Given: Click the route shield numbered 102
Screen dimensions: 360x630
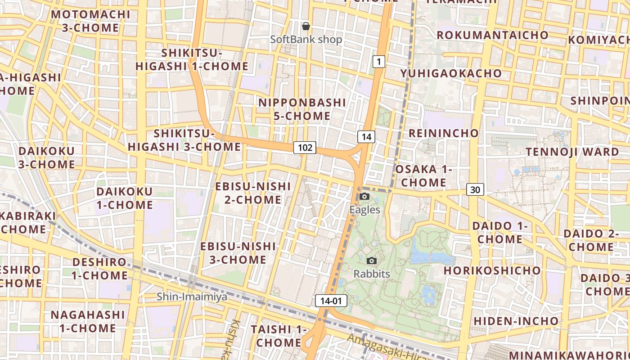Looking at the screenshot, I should tap(305, 147).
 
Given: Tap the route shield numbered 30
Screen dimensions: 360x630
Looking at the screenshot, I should tap(475, 189).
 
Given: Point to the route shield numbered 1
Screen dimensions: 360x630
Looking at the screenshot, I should tap(379, 61).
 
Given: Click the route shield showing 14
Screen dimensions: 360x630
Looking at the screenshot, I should tap(366, 137).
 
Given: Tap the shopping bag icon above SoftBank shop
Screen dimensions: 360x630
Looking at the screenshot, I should tap(306, 26).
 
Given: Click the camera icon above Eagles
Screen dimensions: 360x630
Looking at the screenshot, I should tap(365, 197).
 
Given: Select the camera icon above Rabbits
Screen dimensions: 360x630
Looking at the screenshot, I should tap(372, 261).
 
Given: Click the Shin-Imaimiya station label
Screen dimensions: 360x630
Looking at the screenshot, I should tap(192, 297).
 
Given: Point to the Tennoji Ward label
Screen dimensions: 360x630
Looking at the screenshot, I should tap(572, 152).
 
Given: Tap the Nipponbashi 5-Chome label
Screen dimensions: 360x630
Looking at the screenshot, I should tap(302, 109).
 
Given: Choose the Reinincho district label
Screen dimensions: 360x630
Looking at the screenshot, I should tap(444, 133).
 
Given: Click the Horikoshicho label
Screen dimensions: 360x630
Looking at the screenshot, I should tap(492, 270).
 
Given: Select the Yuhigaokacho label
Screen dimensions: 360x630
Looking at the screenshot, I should tap(451, 73).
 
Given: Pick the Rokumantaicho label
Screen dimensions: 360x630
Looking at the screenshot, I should tap(492, 35).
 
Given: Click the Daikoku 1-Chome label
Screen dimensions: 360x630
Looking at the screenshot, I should tap(125, 198).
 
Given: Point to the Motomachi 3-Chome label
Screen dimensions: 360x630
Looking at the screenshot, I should tap(90, 21).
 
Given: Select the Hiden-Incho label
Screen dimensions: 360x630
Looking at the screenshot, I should tap(516, 321).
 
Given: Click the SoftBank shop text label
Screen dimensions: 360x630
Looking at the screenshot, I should tap(306, 40).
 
